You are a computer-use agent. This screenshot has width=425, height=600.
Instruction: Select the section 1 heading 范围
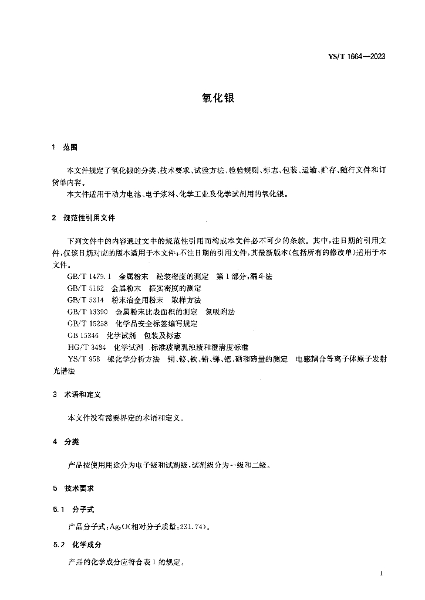(x=70, y=147)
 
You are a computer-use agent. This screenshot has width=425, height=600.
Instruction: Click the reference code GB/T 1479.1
(x=89, y=276)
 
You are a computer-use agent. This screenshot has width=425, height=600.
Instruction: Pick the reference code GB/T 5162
(x=86, y=288)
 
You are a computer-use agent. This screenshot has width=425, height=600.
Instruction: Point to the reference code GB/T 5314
(x=86, y=299)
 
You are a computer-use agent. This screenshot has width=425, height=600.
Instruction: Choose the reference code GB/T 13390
(x=87, y=312)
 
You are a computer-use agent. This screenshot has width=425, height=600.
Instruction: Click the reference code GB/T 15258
(x=87, y=323)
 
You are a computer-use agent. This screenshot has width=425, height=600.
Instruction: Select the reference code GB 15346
(x=83, y=335)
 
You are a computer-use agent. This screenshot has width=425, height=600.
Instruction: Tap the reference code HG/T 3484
(x=86, y=347)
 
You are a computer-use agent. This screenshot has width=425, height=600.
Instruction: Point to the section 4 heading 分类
(x=71, y=441)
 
